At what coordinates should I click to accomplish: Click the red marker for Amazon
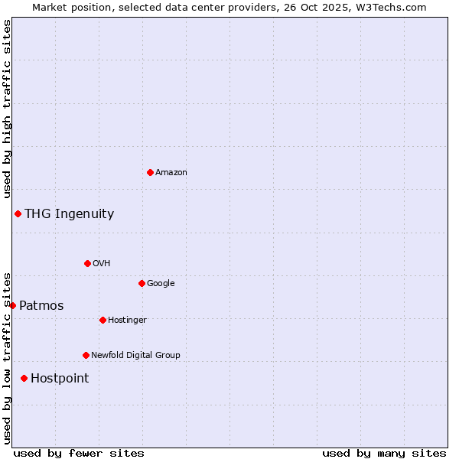[150, 172]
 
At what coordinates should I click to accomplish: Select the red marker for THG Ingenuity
[18, 213]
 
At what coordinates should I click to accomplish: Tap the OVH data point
[87, 263]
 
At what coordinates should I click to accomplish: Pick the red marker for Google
[142, 283]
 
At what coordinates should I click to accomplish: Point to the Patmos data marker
[12, 305]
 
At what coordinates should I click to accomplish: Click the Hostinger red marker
[103, 320]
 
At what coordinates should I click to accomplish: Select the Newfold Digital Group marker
[86, 355]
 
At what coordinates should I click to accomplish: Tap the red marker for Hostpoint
[24, 378]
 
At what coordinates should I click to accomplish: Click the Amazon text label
[171, 172]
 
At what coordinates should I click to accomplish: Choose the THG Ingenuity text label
[69, 213]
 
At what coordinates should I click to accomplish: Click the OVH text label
[102, 263]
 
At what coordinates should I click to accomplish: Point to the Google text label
[161, 283]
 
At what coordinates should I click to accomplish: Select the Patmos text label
[41, 305]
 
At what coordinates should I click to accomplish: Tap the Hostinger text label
[127, 320]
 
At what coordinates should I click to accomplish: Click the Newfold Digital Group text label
[135, 355]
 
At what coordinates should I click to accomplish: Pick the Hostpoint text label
[60, 378]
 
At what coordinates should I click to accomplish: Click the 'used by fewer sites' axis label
[79, 453]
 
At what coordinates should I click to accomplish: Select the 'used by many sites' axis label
[384, 453]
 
